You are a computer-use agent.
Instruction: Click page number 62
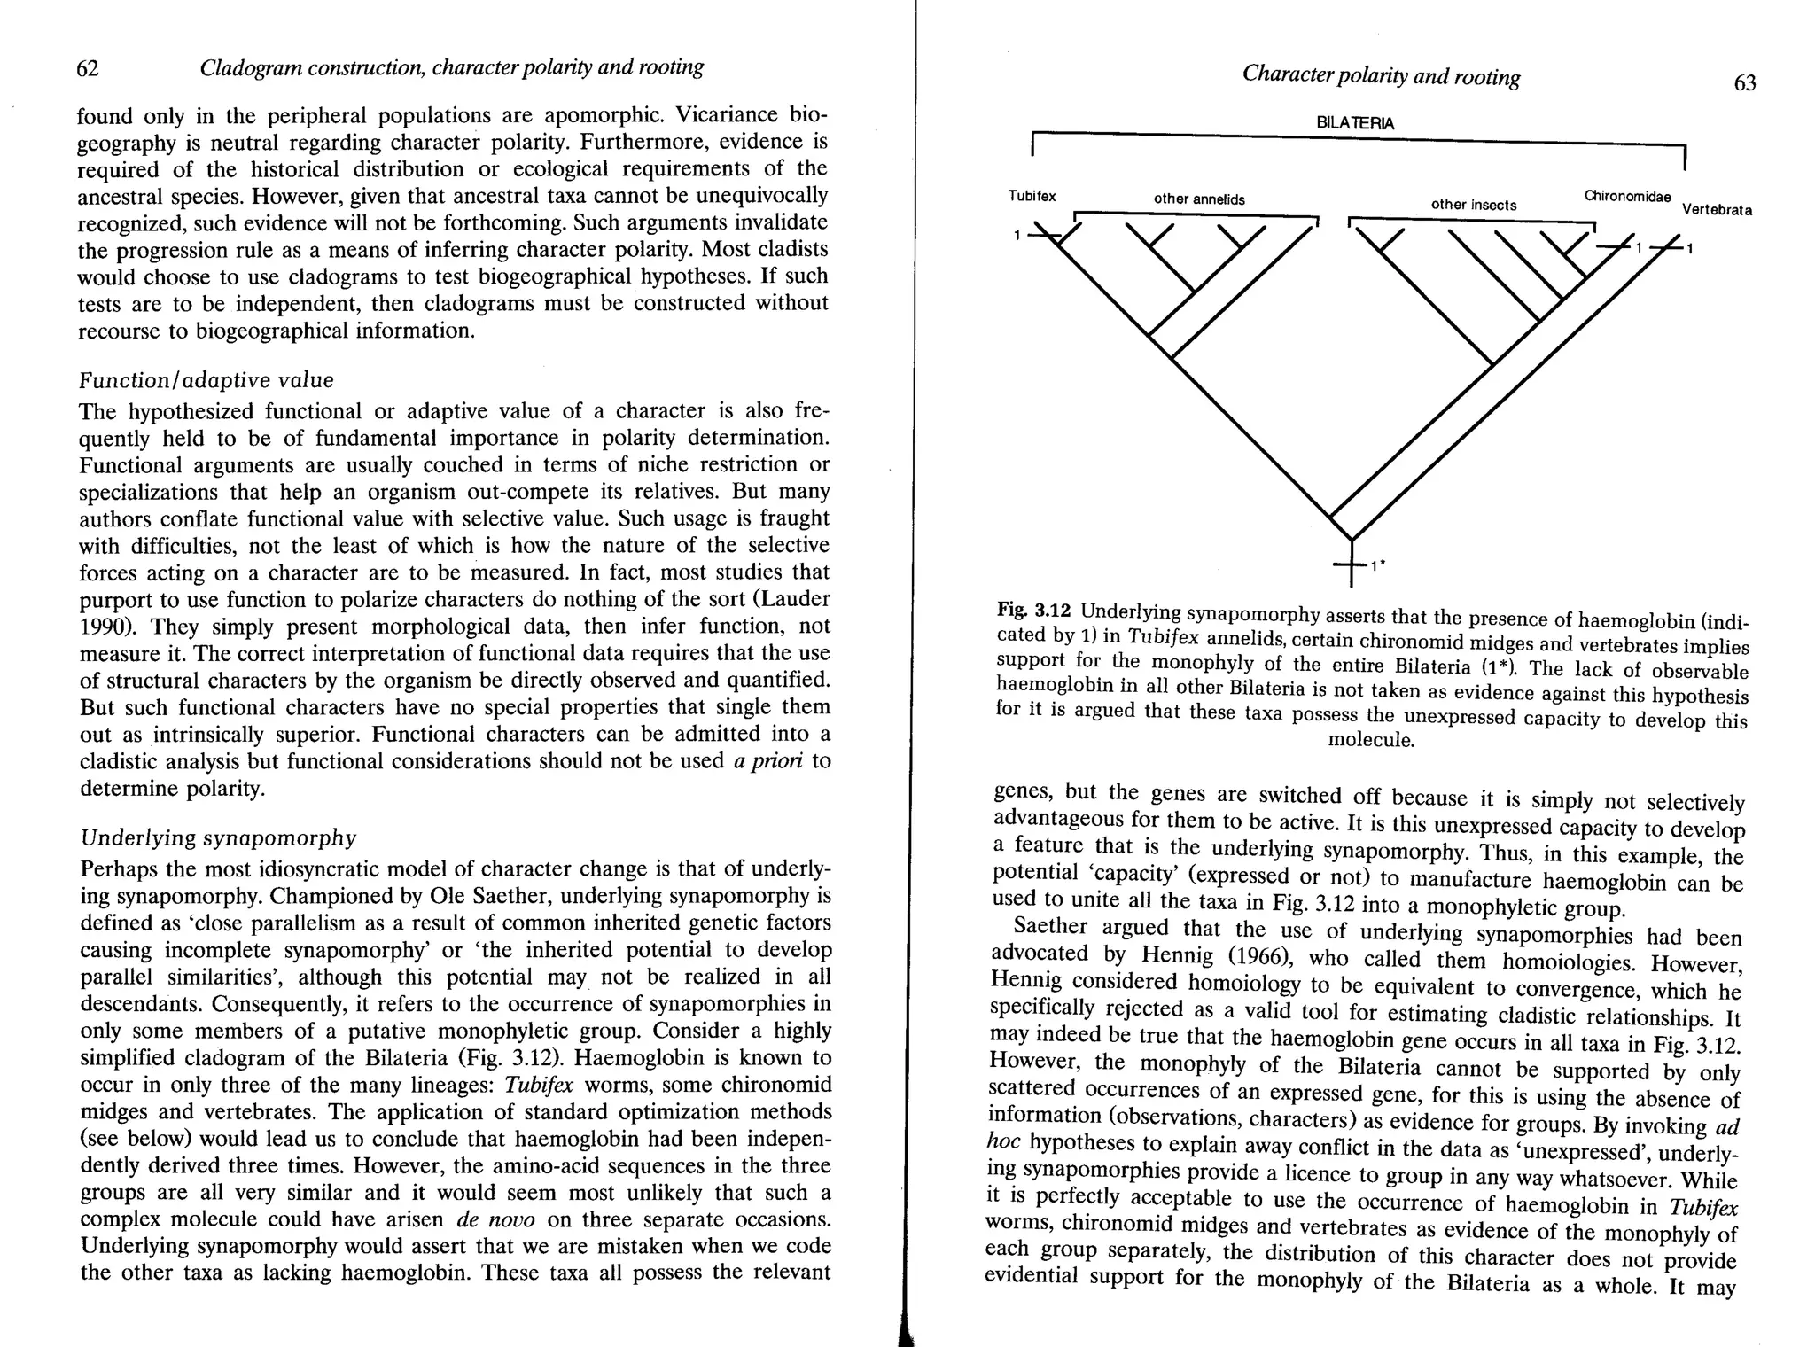pyautogui.click(x=87, y=68)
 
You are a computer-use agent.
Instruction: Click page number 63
pyautogui.click(x=1744, y=83)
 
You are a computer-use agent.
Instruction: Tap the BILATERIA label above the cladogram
pyautogui.click(x=1355, y=123)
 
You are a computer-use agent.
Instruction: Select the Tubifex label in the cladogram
pyautogui.click(x=1032, y=196)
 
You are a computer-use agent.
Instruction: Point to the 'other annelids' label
pyautogui.click(x=1198, y=199)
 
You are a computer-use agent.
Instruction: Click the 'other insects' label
pyautogui.click(x=1473, y=205)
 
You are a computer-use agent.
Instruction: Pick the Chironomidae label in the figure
pyautogui.click(x=1627, y=196)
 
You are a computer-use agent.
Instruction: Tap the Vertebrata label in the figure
pyautogui.click(x=1717, y=210)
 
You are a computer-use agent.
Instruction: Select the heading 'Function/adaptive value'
pyautogui.click(x=206, y=380)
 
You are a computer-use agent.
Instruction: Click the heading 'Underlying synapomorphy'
pyautogui.click(x=218, y=837)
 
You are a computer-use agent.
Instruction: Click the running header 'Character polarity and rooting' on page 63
pyautogui.click(x=1381, y=77)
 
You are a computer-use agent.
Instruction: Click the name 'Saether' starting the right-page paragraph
pyautogui.click(x=1050, y=927)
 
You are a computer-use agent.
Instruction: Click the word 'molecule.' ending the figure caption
pyautogui.click(x=1370, y=740)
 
